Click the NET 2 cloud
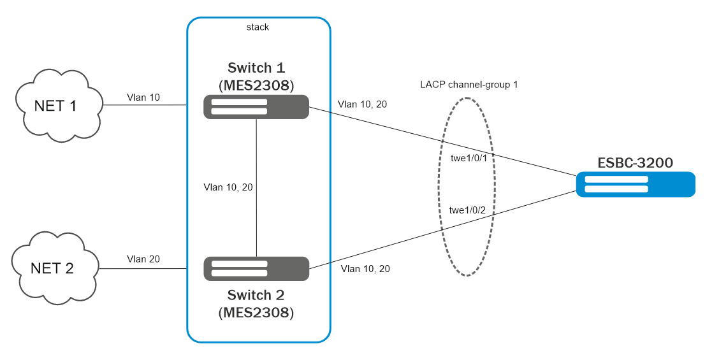tap(55, 268)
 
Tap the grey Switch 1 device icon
tap(256, 107)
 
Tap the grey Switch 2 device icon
tap(256, 268)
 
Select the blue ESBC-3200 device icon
tap(635, 185)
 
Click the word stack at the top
tap(258, 27)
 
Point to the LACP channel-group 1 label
tap(469, 84)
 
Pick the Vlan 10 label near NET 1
tap(143, 97)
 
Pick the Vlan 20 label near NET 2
tap(143, 259)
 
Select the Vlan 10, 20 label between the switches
tap(228, 187)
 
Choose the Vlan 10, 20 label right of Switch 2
tap(365, 269)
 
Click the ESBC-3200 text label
tap(635, 163)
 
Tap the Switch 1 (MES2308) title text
tap(256, 76)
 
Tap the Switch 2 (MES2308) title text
tap(256, 304)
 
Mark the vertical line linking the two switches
tap(256, 159)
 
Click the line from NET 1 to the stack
tap(144, 105)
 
